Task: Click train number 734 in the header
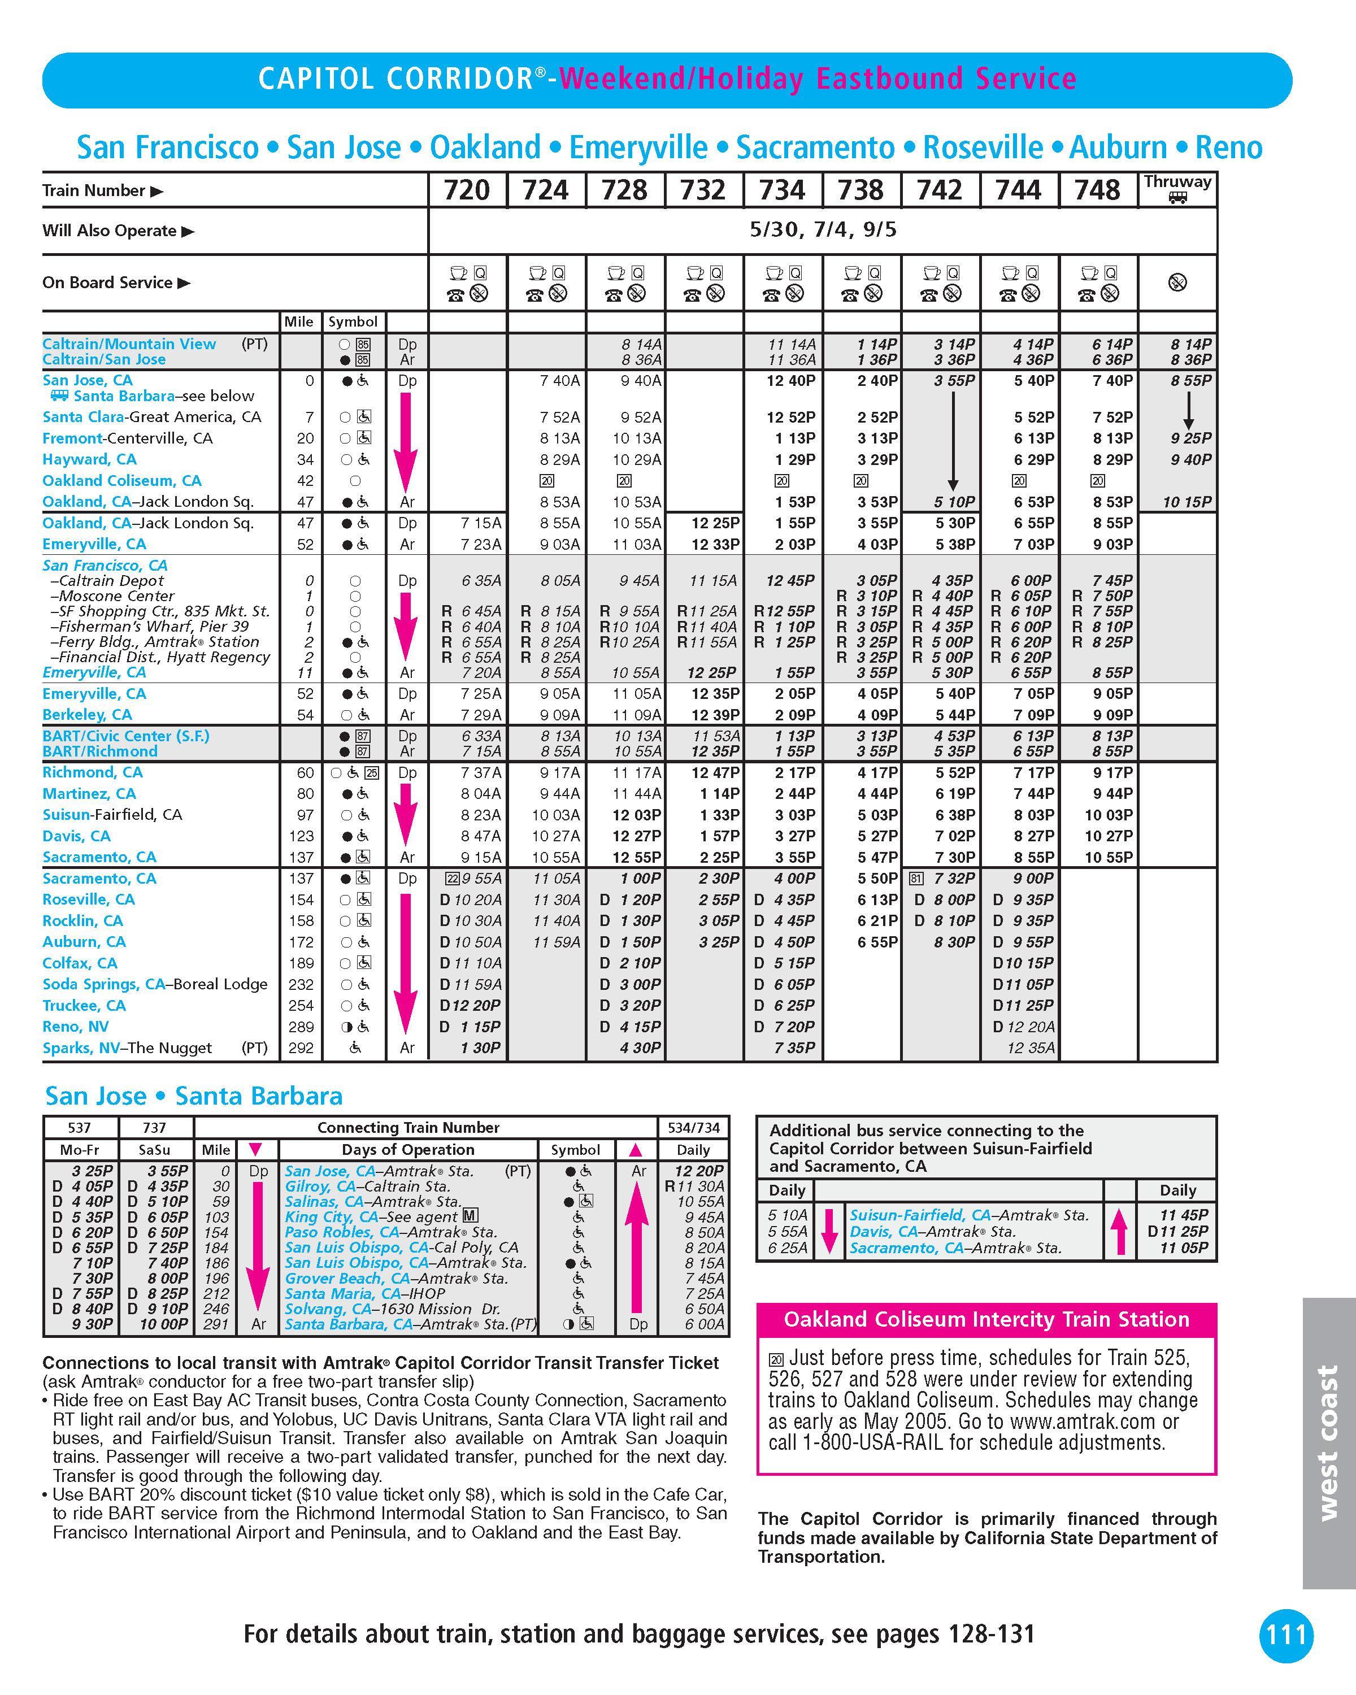(782, 190)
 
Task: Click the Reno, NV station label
(76, 1027)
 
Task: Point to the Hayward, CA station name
(89, 459)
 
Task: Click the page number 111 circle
(1286, 1635)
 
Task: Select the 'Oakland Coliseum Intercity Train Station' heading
(986, 1320)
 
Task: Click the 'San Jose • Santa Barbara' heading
(193, 1096)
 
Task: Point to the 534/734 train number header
(693, 1127)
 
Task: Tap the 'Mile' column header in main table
(299, 321)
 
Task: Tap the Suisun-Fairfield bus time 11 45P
(1183, 1215)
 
